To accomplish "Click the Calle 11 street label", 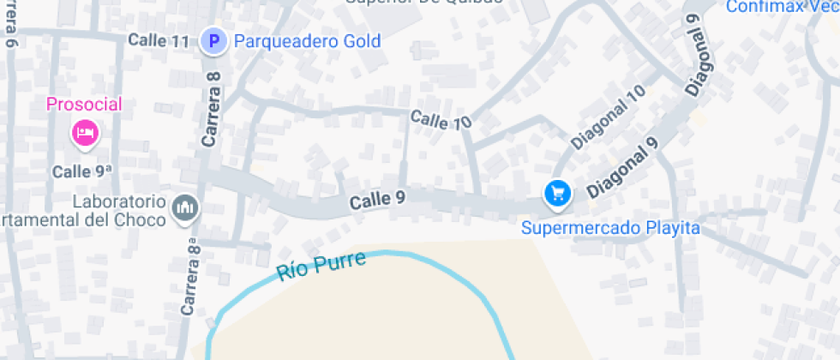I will click(159, 40).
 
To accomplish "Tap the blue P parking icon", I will click(213, 40).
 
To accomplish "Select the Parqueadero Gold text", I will click(307, 40).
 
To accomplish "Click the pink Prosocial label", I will click(84, 105).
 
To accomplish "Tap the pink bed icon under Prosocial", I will click(85, 133).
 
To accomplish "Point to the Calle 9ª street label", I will click(82, 171).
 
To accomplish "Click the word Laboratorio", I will click(118, 202).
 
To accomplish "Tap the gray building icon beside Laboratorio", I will click(185, 207).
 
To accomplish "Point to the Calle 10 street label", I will click(441, 120).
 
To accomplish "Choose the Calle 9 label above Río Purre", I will click(377, 201).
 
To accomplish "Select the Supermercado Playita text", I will click(611, 228).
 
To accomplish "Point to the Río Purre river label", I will click(321, 267).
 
